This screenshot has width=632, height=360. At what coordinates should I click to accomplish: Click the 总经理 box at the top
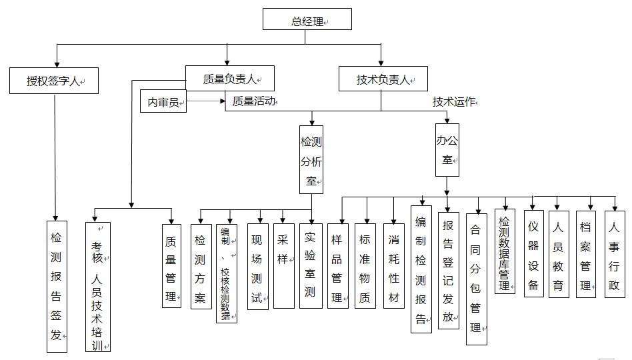(307, 21)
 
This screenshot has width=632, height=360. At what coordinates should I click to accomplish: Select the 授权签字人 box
(54, 81)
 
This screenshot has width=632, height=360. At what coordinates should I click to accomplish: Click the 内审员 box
(163, 103)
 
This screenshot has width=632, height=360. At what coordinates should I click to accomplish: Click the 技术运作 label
(454, 101)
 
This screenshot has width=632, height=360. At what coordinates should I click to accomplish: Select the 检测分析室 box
(311, 159)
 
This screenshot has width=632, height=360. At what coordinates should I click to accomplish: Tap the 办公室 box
(447, 150)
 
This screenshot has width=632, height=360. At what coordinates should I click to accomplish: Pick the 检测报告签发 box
(56, 286)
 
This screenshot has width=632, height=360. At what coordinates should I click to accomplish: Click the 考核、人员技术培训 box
(98, 286)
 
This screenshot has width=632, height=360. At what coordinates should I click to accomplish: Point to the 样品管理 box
(338, 266)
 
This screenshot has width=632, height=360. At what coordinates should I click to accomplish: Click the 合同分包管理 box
(476, 278)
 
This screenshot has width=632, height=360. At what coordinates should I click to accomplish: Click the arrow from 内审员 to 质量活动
(206, 102)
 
